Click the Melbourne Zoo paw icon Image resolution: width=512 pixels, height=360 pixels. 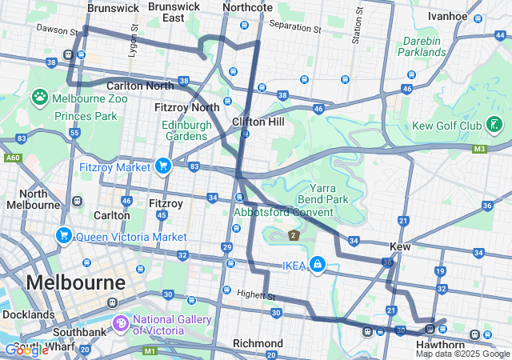pyautogui.click(x=40, y=97)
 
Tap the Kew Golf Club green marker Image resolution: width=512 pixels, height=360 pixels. pyautogui.click(x=495, y=125)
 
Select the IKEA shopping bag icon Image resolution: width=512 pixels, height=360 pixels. pyautogui.click(x=318, y=265)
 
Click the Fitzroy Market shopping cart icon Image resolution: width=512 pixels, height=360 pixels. pyautogui.click(x=163, y=166)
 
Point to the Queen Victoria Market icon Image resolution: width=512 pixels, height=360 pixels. pyautogui.click(x=62, y=236)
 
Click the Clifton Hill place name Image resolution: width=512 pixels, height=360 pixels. pyautogui.click(x=258, y=122)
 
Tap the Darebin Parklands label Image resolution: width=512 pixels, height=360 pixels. pyautogui.click(x=422, y=46)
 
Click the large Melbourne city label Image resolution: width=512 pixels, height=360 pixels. pyautogui.click(x=75, y=282)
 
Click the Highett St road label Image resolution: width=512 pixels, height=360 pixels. pyautogui.click(x=256, y=295)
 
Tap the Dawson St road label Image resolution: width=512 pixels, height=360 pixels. pyautogui.click(x=56, y=28)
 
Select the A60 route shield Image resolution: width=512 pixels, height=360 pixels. pyautogui.click(x=12, y=158)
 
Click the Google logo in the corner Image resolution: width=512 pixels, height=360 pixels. pyautogui.click(x=26, y=350)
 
